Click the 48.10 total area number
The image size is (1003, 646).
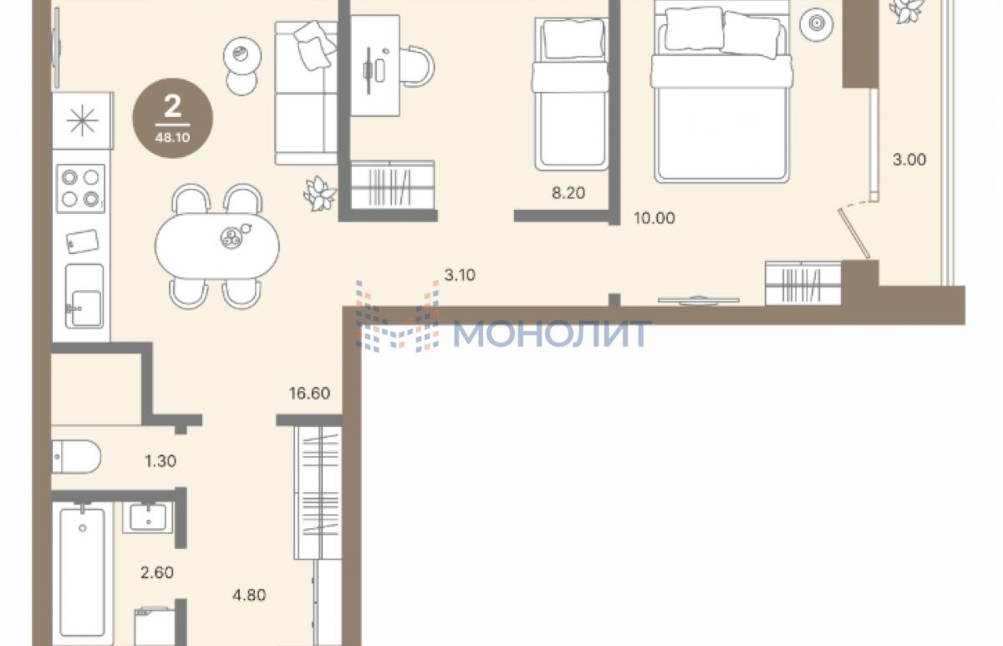click(x=172, y=137)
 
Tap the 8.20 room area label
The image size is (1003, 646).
click(x=568, y=193)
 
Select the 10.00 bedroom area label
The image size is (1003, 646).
click(x=654, y=218)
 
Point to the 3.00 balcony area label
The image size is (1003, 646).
click(x=909, y=160)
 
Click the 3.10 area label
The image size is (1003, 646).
click(x=460, y=275)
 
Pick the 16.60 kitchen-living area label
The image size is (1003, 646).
click(x=309, y=393)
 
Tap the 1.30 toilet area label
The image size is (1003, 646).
click(x=160, y=460)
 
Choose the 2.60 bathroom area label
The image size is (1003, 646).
click(x=157, y=572)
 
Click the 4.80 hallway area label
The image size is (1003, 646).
click(x=249, y=595)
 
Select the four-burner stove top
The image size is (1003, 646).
click(x=80, y=189)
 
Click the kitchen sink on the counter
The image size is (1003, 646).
click(x=84, y=296)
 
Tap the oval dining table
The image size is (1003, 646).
click(x=217, y=247)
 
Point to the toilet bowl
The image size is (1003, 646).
click(x=76, y=456)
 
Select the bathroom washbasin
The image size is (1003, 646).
click(x=148, y=517)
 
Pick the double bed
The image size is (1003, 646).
click(x=721, y=93)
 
